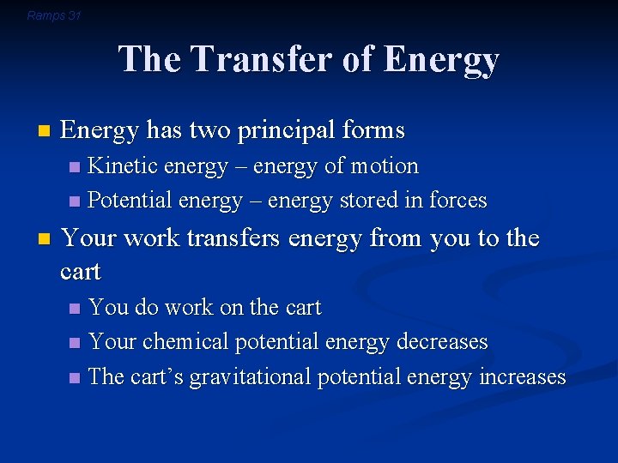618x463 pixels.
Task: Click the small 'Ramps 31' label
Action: (53, 15)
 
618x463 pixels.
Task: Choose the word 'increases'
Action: (523, 377)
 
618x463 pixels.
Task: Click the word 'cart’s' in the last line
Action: (156, 377)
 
